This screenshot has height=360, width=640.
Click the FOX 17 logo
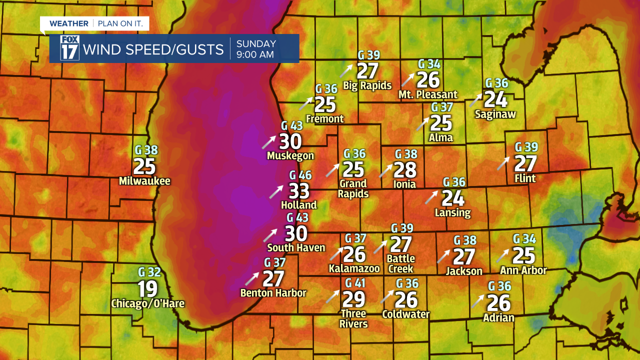pos(69,48)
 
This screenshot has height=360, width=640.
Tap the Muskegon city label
pos(290,156)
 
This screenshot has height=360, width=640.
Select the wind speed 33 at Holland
pos(299,191)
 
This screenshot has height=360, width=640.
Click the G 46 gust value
pos(300,175)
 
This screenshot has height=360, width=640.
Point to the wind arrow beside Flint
pos(503,163)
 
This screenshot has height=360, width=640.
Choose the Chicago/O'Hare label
pos(147,303)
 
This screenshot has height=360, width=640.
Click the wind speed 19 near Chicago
pos(147,289)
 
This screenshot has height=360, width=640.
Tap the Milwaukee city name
pos(144,181)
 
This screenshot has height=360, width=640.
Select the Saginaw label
pos(495,114)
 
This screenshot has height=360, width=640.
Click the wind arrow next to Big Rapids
pos(346,70)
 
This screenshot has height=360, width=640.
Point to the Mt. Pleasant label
pos(428,94)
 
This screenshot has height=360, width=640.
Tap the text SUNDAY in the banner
pos(256,43)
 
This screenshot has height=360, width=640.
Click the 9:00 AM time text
pos(255,54)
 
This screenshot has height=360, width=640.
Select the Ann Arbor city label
pos(523,270)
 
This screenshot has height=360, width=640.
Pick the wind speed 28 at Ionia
pos(405,170)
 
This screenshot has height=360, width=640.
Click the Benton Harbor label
pos(273,293)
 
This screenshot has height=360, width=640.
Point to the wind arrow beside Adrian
pos(477,301)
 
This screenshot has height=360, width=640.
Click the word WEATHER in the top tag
pos(69,23)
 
